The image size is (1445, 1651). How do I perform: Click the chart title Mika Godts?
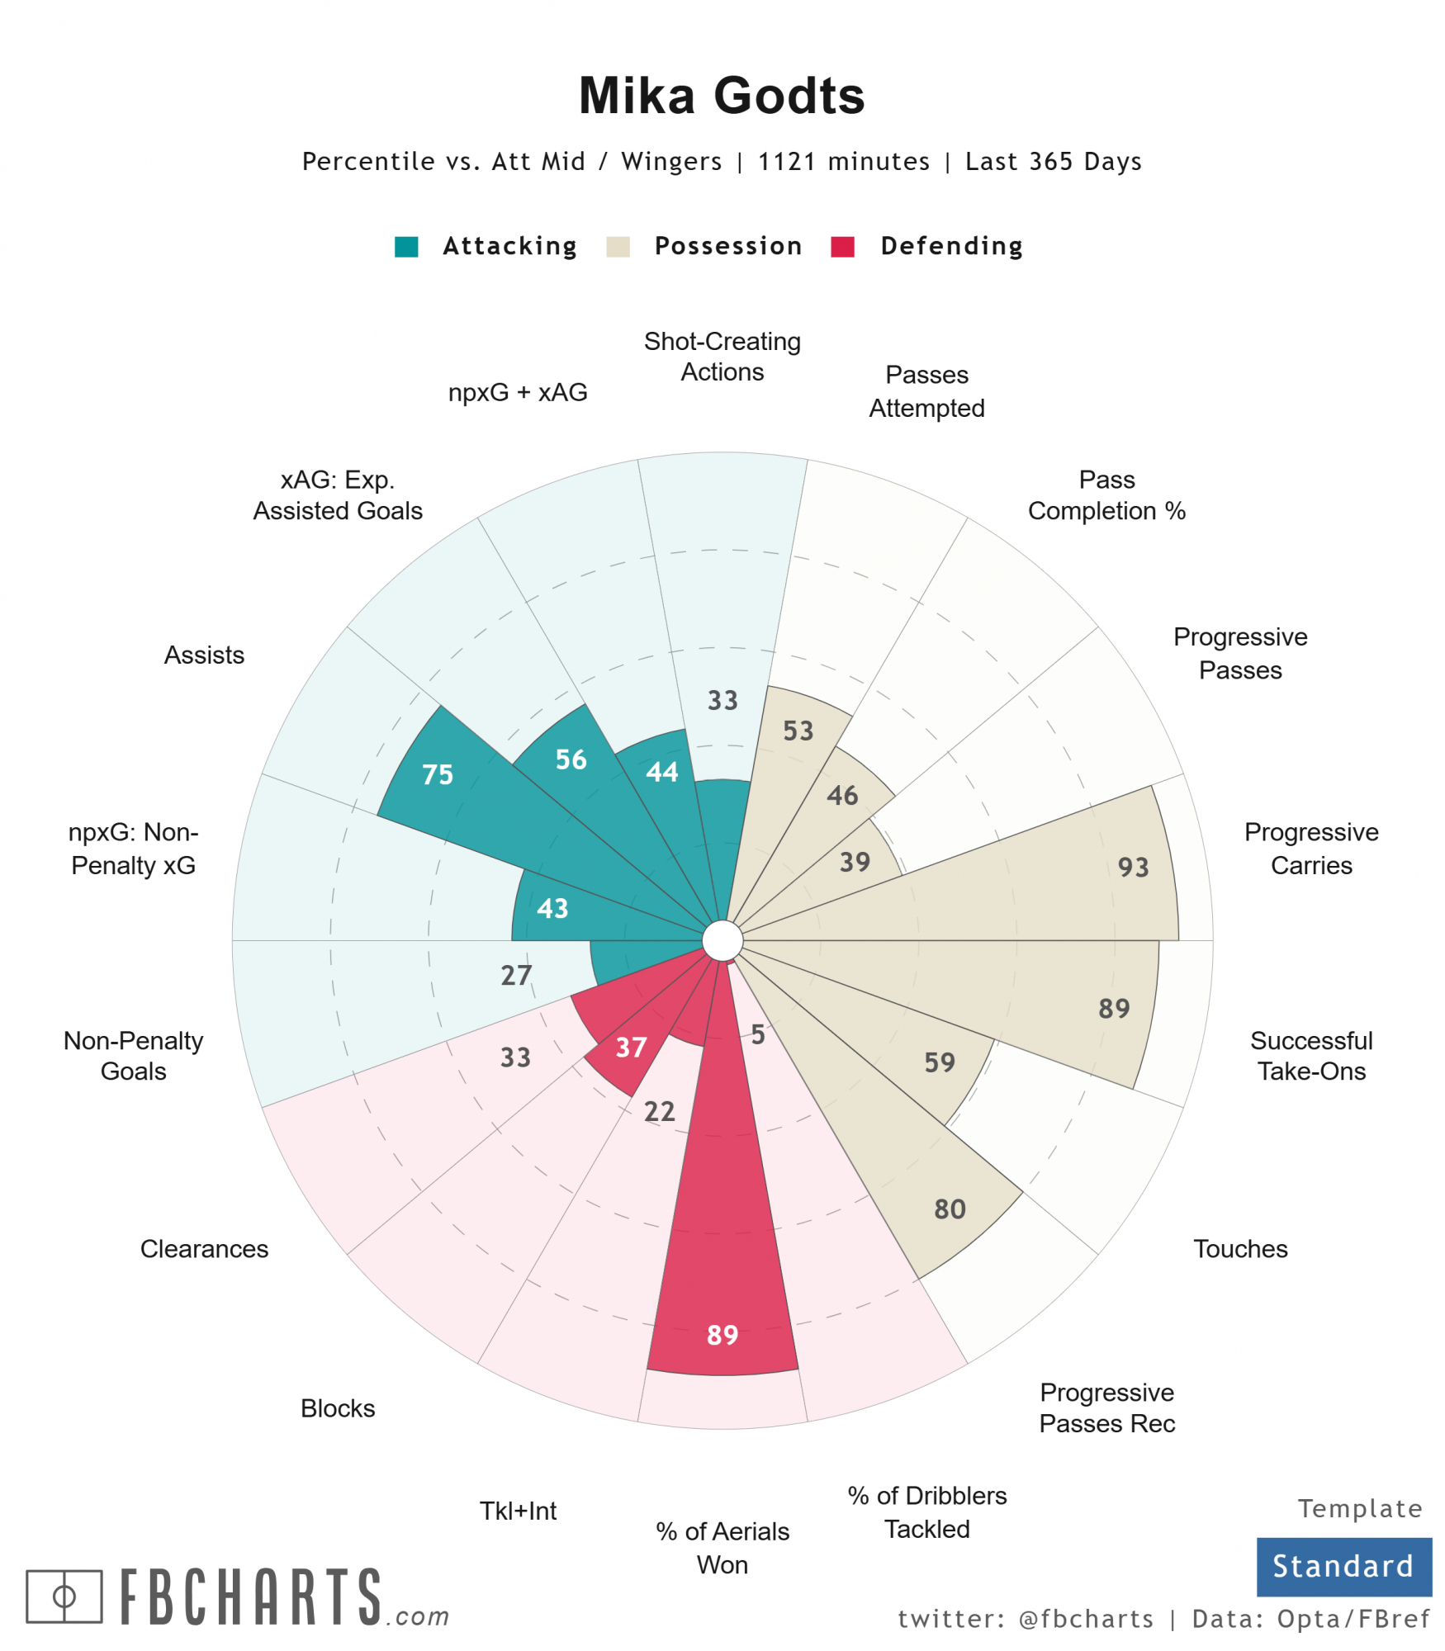tap(721, 96)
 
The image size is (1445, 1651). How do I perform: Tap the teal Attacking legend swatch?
tap(406, 247)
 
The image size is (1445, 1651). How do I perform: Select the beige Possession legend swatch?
tap(618, 247)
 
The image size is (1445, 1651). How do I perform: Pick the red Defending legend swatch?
tap(842, 247)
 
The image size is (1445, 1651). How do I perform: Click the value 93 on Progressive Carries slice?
tap(1133, 868)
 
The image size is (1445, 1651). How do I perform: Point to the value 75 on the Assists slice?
tap(438, 774)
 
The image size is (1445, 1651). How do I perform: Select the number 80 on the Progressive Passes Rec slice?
tap(950, 1209)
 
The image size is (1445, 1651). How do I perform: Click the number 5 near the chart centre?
tap(758, 1034)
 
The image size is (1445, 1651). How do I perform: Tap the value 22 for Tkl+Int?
tap(660, 1112)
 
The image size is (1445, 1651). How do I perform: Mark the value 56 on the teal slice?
tap(571, 759)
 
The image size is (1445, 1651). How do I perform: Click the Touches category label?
tap(1240, 1249)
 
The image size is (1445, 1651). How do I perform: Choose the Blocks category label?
tap(338, 1408)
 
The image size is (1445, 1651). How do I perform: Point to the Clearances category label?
tap(204, 1249)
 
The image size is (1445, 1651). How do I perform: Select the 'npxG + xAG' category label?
tap(518, 392)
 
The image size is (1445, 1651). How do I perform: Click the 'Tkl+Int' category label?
tap(518, 1511)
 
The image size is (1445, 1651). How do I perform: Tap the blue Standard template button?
tap(1343, 1566)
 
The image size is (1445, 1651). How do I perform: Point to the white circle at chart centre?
tap(722, 941)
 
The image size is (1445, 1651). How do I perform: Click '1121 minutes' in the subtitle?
tap(843, 162)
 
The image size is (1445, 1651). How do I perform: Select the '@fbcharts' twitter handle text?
tap(1086, 1619)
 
